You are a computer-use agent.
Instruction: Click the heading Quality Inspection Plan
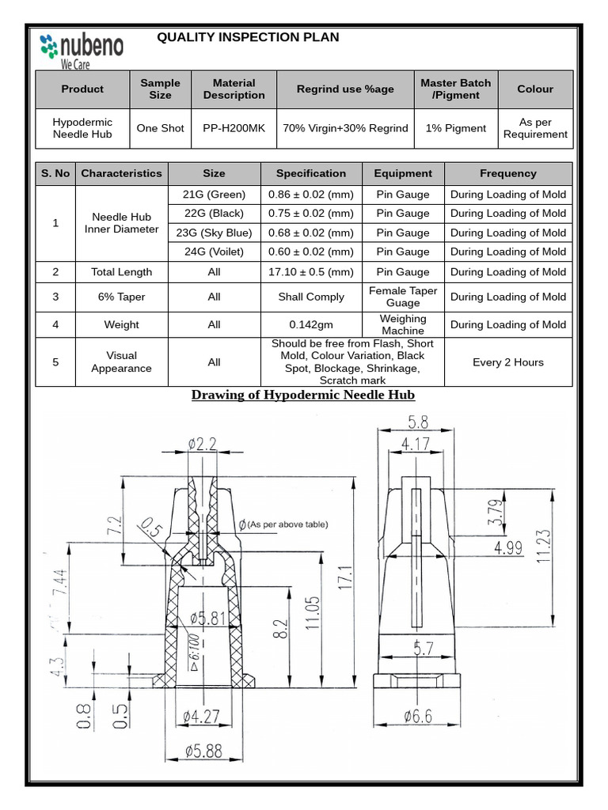point(248,37)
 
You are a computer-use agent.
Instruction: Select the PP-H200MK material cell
point(234,128)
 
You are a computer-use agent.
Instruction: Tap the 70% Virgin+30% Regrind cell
point(345,128)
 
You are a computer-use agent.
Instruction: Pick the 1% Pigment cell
point(455,128)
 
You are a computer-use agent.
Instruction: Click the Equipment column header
point(403,173)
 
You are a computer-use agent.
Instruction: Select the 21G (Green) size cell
point(214,195)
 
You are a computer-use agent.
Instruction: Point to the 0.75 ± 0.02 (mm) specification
point(311,214)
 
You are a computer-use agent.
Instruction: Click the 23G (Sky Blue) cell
point(214,233)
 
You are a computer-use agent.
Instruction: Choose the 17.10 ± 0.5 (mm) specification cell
point(311,272)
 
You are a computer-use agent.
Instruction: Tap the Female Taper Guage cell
point(403,297)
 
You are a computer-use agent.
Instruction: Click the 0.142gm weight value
point(311,324)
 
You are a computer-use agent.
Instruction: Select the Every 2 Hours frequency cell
point(507,362)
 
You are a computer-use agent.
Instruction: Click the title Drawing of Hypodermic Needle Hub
point(303,395)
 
